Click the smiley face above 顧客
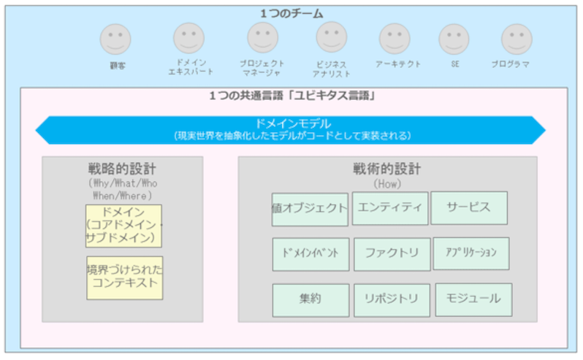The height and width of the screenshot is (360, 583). coord(115,39)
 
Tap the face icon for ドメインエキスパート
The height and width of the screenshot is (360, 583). coord(188,38)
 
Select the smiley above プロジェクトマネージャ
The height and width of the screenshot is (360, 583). coord(262,37)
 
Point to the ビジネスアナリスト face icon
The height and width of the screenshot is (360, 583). coord(331,37)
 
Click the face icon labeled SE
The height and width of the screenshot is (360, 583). coord(454,39)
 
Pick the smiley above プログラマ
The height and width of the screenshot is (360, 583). coord(517,39)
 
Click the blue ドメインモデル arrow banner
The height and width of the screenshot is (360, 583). coord(291,129)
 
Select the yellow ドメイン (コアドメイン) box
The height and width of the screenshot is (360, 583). coord(123,226)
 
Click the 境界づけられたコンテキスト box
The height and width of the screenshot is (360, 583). coord(124,277)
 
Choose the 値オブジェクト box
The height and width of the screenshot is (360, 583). coord(310,209)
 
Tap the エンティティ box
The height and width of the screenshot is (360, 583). coord(390,208)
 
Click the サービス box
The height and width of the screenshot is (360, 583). coord(469,207)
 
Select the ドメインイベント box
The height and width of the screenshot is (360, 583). coord(310,254)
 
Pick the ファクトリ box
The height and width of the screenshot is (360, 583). coord(392,254)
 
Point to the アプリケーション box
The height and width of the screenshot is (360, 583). coord(471,253)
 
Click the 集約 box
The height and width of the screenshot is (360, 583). coord(310,299)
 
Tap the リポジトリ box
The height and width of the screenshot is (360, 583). coord(392,299)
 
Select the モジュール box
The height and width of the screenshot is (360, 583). coord(473,299)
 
